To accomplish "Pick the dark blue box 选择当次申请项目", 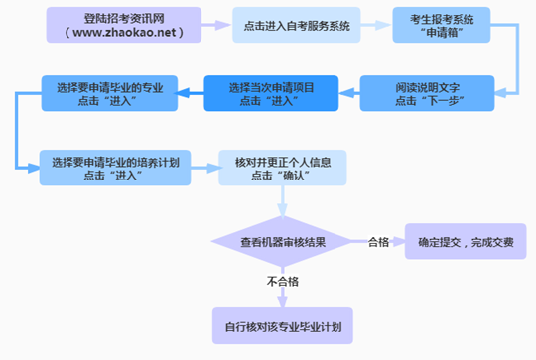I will [x=270, y=94].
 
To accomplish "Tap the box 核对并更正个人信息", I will [x=283, y=168].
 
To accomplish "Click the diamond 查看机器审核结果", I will [x=284, y=241].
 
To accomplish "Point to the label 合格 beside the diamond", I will [x=378, y=241].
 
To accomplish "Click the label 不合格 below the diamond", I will [x=284, y=282].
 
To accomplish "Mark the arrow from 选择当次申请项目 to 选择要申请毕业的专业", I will [x=191, y=94].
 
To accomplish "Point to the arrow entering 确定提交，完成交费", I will [x=397, y=241].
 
